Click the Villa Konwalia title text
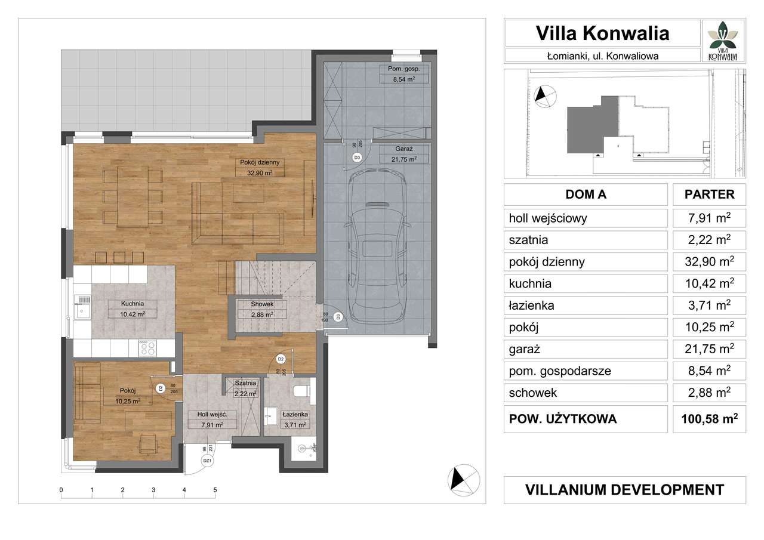pyautogui.click(x=602, y=33)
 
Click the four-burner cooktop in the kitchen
pyautogui.click(x=147, y=347)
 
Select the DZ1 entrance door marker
pyautogui.click(x=207, y=461)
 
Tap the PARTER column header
pyautogui.click(x=709, y=195)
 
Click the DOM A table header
pyautogui.click(x=586, y=195)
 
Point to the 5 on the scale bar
pyautogui.click(x=215, y=490)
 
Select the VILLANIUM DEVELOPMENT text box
pyautogui.click(x=624, y=490)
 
